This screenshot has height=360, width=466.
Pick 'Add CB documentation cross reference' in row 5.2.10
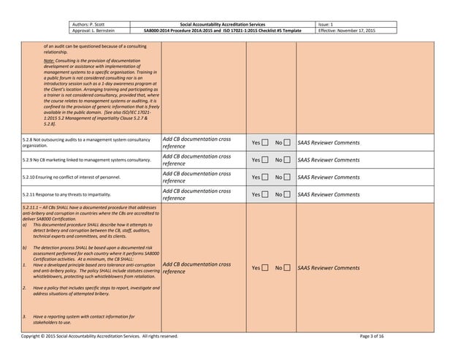click(196, 177)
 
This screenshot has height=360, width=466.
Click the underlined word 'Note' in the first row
click(49, 61)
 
